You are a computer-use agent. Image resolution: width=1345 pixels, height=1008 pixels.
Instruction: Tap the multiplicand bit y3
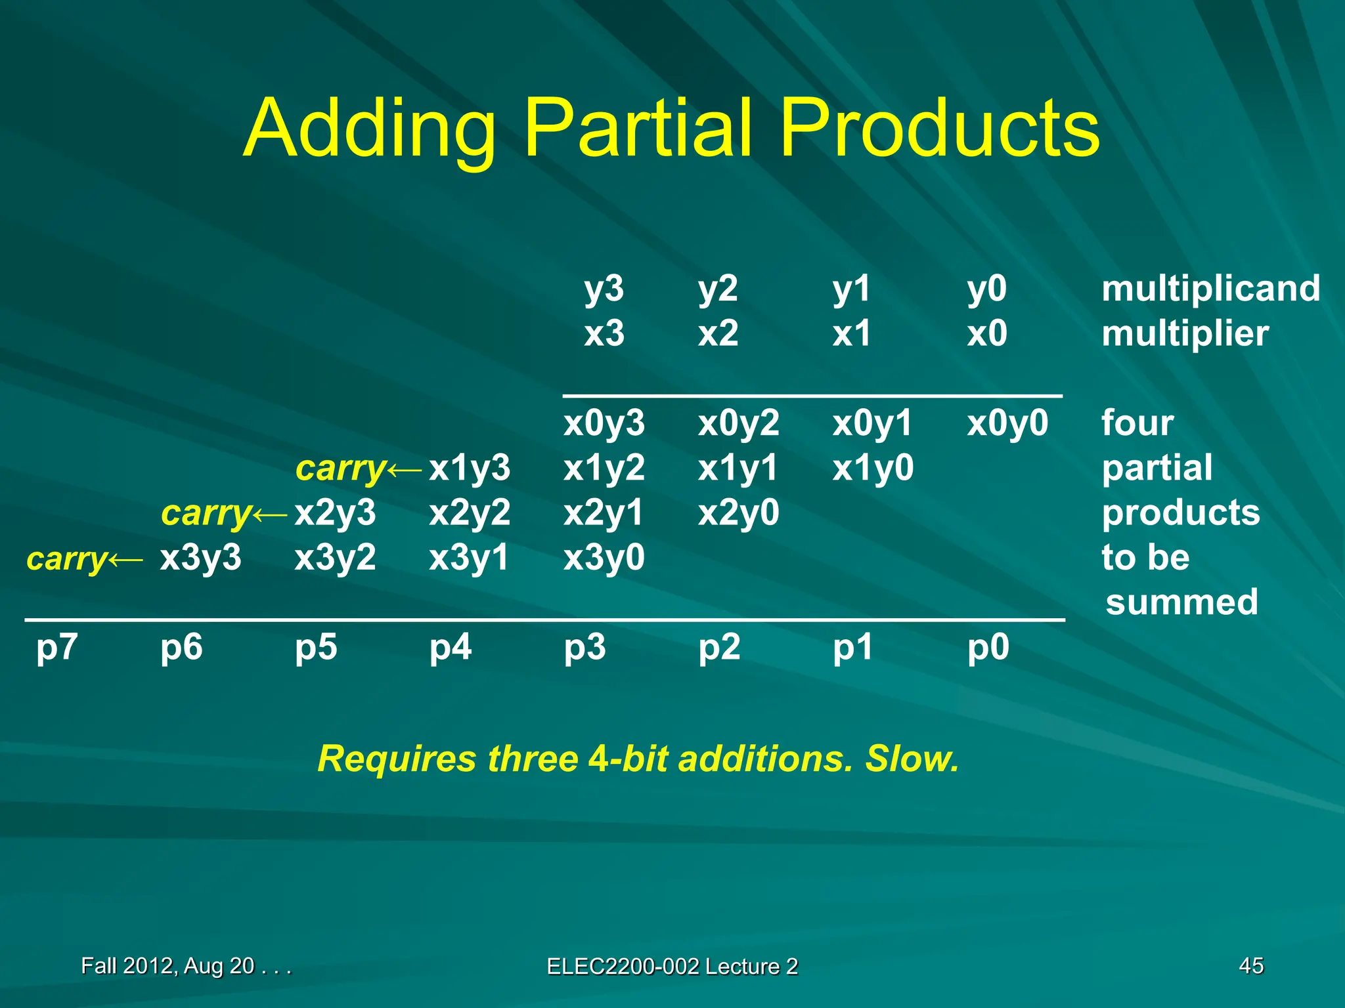604,289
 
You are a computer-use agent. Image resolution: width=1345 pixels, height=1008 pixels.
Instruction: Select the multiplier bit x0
986,333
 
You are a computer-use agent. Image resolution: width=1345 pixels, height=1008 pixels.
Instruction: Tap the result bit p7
56,648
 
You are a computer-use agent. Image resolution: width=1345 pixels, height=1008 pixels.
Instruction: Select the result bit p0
988,648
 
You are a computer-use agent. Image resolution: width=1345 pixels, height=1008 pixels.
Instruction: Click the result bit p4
451,648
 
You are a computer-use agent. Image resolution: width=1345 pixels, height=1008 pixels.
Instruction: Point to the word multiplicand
1210,289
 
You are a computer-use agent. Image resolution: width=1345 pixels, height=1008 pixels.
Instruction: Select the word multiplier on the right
1185,333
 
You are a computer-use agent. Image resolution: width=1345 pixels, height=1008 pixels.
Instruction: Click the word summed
1181,602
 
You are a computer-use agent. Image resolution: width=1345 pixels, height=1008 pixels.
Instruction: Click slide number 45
1251,965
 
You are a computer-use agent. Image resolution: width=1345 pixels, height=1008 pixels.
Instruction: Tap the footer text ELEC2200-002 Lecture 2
672,966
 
